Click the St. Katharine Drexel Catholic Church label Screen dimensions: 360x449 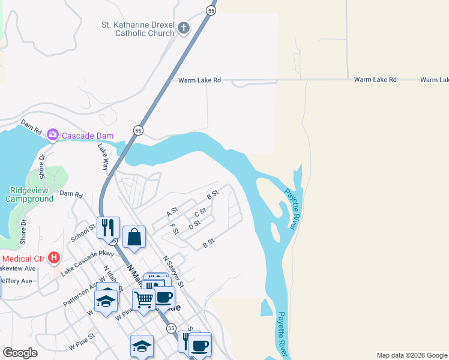click(x=137, y=29)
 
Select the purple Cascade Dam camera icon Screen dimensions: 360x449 click(x=52, y=134)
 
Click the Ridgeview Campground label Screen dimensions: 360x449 click(x=32, y=194)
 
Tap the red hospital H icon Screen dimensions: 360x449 click(x=54, y=258)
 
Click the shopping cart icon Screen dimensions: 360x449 click(x=144, y=298)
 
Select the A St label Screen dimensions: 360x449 click(x=172, y=212)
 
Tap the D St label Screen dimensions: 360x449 click(x=194, y=225)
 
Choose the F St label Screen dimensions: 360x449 click(x=175, y=230)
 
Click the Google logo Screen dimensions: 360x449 click(x=20, y=353)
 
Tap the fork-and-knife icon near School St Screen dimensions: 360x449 click(x=108, y=227)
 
